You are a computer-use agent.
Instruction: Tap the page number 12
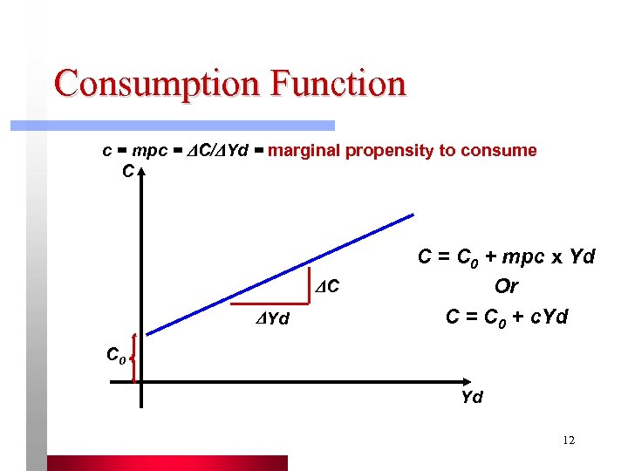(x=569, y=440)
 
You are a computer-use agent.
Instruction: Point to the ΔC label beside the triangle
(x=327, y=286)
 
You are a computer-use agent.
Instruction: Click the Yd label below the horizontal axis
(x=472, y=397)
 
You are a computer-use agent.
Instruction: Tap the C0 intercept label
(x=117, y=355)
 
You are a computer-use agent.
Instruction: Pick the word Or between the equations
(x=506, y=287)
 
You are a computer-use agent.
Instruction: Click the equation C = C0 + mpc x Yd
(x=507, y=257)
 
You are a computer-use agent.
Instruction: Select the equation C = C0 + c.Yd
(x=507, y=317)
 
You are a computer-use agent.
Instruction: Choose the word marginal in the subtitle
(x=304, y=150)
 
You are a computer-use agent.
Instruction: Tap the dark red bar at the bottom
(x=167, y=462)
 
